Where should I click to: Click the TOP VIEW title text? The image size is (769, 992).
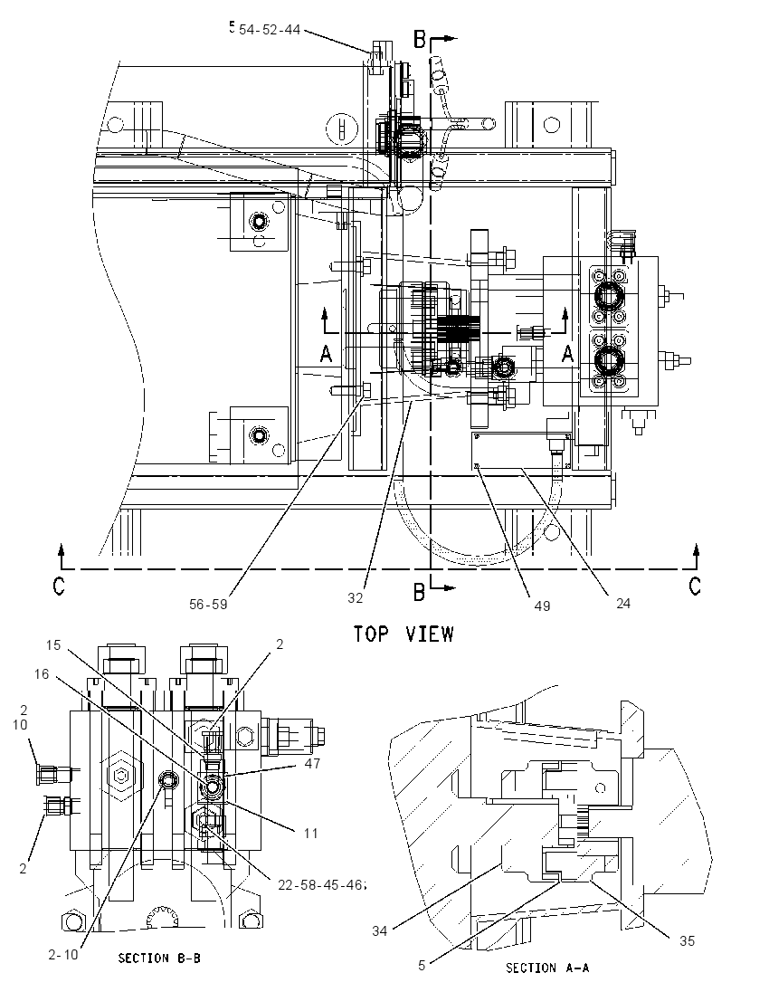pos(403,634)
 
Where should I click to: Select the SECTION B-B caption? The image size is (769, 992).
pos(159,959)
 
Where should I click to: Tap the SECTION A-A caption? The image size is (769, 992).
pos(547,968)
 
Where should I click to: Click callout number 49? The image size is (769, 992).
pos(542,606)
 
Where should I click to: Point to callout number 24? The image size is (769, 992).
pos(623,604)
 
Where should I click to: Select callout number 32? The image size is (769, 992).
pos(356,598)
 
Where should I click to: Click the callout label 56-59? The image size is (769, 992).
pos(208,605)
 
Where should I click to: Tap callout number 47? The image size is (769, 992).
pos(312,764)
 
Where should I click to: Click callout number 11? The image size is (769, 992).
pos(310,834)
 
